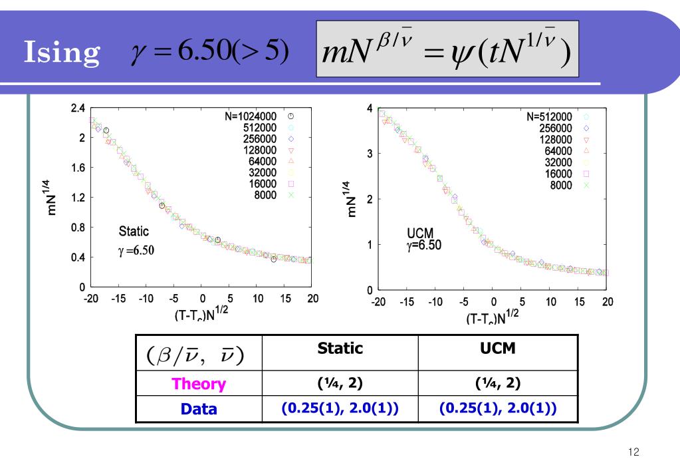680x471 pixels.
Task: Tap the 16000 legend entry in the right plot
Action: (x=563, y=173)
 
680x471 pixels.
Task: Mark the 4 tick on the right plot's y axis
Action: (x=370, y=108)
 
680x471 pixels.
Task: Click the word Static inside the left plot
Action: (x=133, y=232)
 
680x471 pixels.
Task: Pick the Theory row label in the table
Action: (x=199, y=384)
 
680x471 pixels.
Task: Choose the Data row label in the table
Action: (x=199, y=409)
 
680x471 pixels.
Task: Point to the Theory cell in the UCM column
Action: (x=498, y=383)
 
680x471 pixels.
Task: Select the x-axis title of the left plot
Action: (x=201, y=315)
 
